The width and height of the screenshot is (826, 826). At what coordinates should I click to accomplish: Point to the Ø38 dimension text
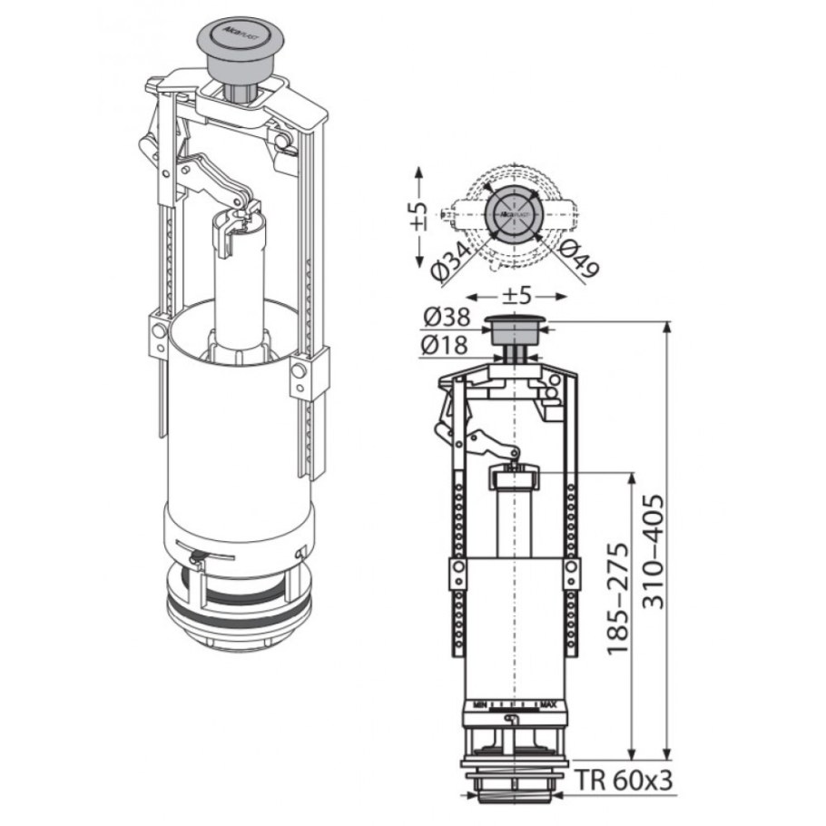pos(447,318)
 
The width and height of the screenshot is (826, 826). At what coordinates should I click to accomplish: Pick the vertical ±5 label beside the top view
pos(417,215)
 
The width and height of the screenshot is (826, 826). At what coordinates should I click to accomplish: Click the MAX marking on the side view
pos(547,703)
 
